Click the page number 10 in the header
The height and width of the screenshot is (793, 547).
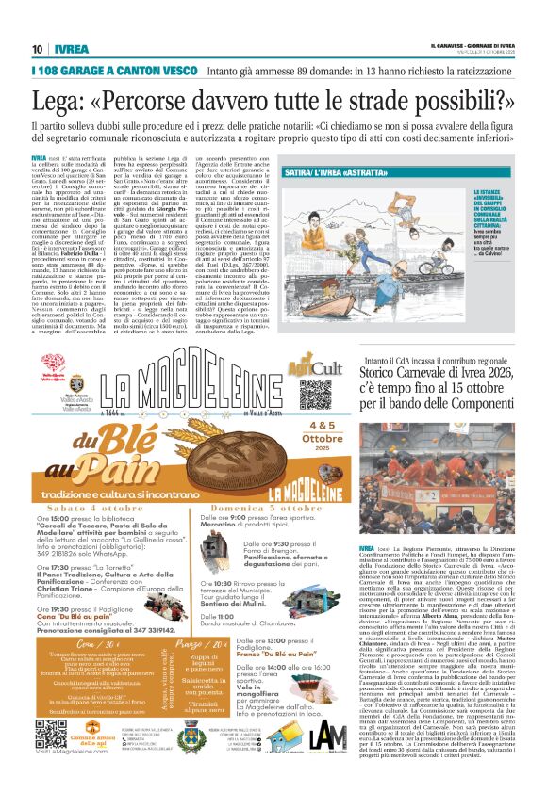pos(38,49)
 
